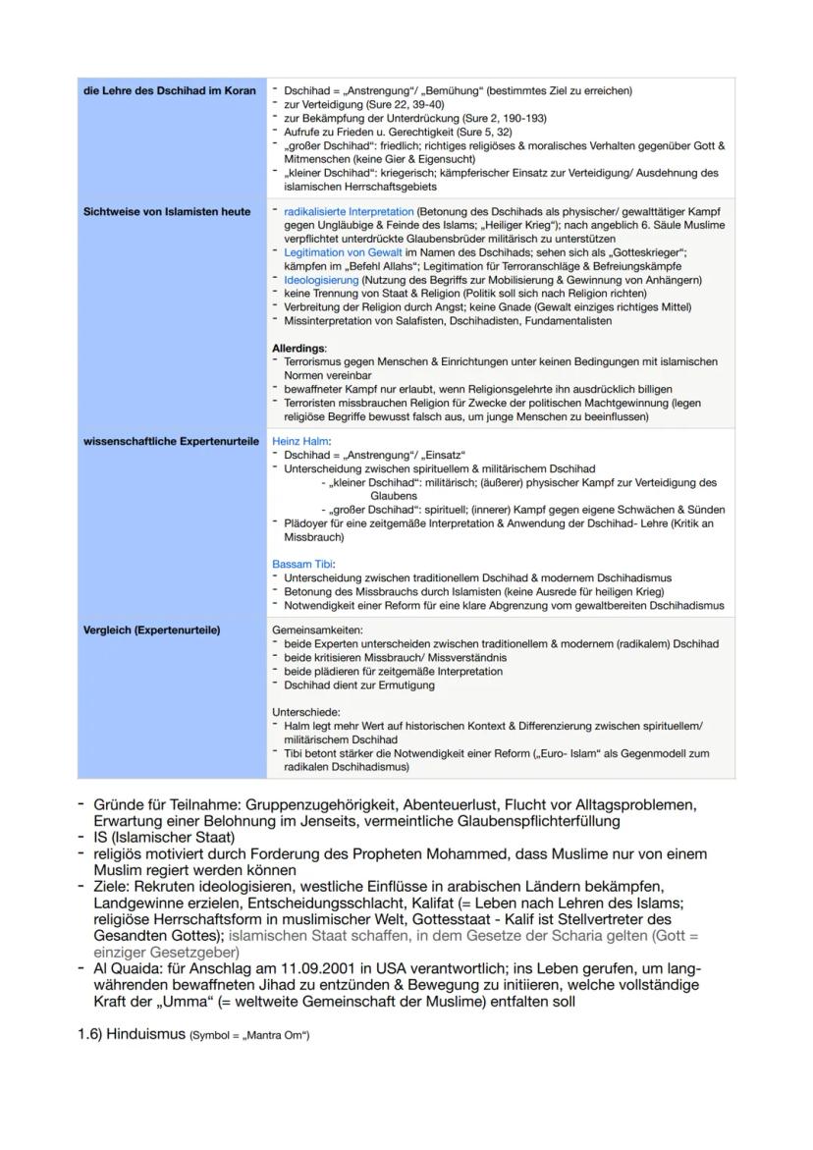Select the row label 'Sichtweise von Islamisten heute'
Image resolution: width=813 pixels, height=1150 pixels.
pos(166,212)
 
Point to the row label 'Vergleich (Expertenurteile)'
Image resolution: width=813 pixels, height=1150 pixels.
pos(149,630)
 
